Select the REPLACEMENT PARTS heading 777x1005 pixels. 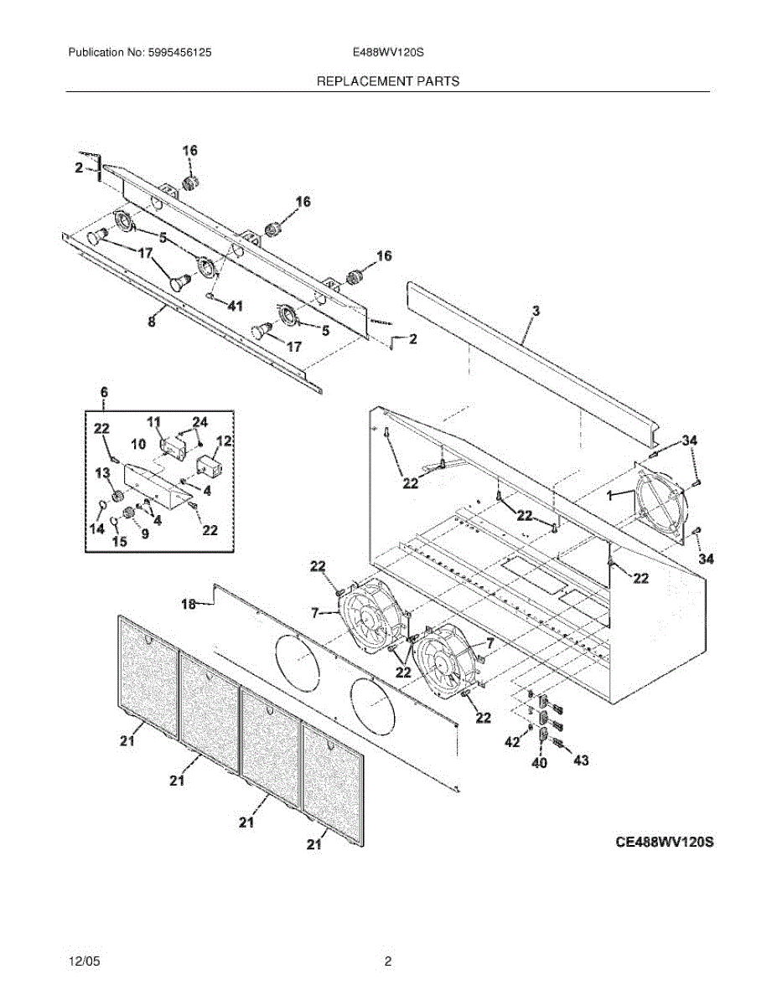click(388, 81)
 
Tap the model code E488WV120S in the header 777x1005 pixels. click(389, 52)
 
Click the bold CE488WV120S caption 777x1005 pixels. click(664, 841)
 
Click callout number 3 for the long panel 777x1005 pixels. click(536, 312)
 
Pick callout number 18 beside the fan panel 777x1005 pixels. click(189, 603)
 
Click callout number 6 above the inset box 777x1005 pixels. click(104, 392)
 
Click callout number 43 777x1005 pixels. click(580, 760)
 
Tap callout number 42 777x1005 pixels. click(511, 742)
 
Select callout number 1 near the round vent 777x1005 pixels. click(609, 495)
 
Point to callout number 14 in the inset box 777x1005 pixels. click(98, 528)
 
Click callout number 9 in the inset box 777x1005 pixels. click(144, 533)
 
